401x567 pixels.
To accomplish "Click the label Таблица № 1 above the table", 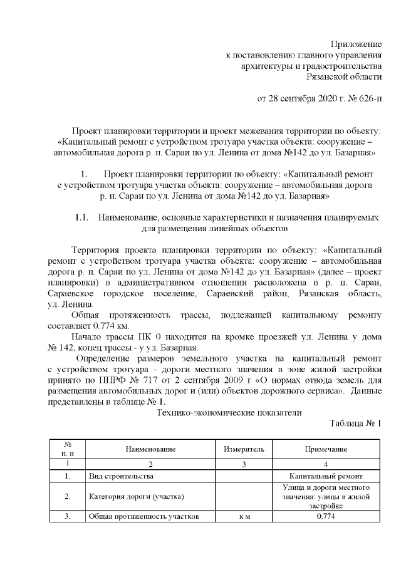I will (355, 424).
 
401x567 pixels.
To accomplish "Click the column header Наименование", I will (150, 449).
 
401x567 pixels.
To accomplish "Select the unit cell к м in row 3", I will (244, 517).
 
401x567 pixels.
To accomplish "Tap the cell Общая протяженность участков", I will (143, 517).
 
